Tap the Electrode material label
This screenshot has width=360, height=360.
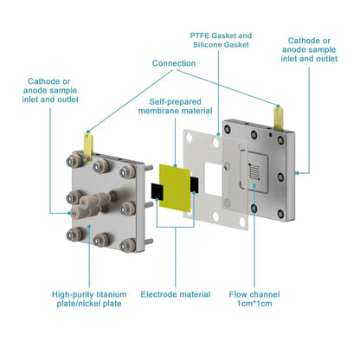point(175,295)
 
